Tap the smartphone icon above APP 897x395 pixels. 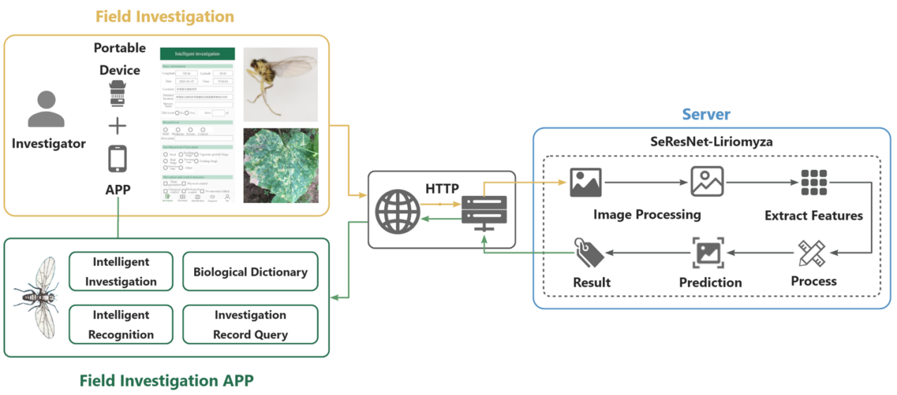(117, 160)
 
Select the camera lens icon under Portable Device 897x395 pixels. (117, 94)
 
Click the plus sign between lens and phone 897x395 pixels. (117, 127)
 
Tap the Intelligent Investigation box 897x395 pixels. (121, 271)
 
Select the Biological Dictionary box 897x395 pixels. (250, 271)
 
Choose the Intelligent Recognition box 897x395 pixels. (121, 325)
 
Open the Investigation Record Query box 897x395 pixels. (250, 325)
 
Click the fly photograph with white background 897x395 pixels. (281, 84)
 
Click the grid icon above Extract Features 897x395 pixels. (814, 182)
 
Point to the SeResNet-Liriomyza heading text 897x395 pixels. (711, 141)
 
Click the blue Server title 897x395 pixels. (706, 114)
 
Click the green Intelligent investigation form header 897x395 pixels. (197, 53)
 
